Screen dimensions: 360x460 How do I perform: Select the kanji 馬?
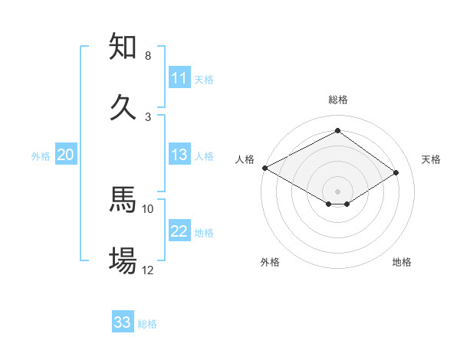[123, 200]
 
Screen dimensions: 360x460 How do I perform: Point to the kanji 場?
[123, 260]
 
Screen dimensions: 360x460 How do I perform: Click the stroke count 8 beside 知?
[148, 56]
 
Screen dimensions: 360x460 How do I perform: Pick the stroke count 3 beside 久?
[148, 116]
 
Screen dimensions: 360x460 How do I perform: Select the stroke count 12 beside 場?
[148, 270]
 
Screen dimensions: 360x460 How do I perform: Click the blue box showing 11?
[179, 78]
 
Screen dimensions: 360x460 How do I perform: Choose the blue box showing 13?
[179, 155]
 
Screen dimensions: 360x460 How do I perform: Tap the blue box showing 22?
[179, 231]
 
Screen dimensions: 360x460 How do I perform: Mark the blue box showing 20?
[66, 155]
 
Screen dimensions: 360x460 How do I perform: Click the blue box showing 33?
[123, 322]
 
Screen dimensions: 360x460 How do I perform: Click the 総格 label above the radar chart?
[338, 100]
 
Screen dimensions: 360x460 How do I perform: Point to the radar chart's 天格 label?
[431, 159]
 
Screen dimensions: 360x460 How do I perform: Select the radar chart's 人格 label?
[245, 159]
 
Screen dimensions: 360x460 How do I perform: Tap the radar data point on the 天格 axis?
[396, 173]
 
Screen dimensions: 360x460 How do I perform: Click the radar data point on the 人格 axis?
[264, 168]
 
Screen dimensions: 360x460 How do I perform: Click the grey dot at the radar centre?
[338, 191]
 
